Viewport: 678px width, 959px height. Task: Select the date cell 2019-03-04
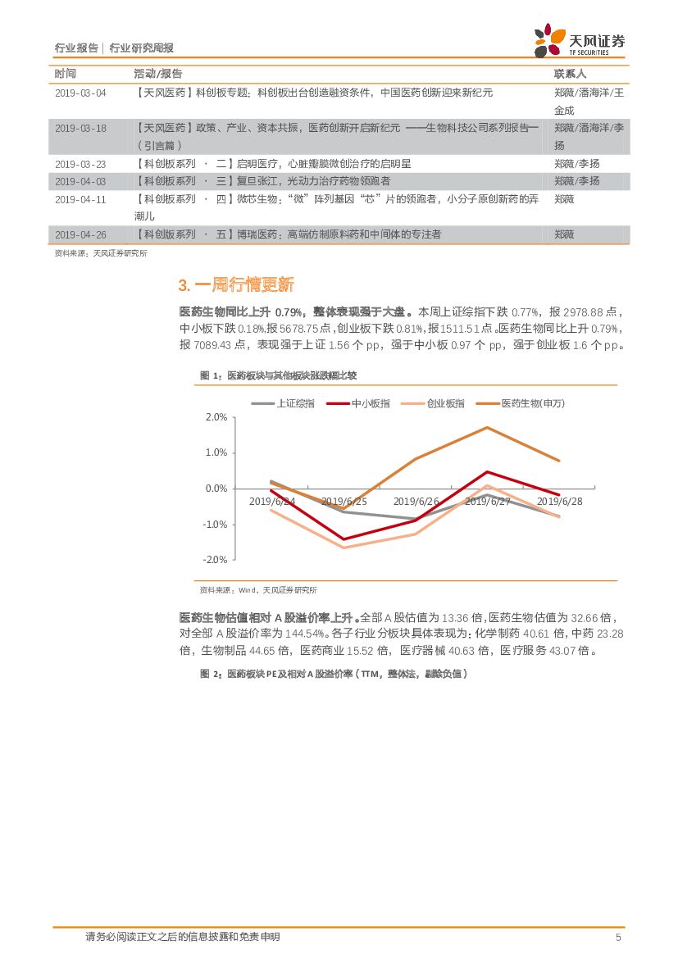[80, 93]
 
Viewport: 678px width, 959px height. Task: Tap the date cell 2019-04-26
[80, 234]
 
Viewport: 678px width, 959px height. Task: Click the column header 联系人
[571, 74]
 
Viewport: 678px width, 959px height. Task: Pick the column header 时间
[66, 74]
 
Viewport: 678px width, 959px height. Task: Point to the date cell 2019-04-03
[80, 181]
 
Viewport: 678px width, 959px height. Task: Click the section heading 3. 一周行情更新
[235, 285]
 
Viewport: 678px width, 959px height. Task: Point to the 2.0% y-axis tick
[216, 417]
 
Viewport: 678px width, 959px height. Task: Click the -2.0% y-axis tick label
[214, 559]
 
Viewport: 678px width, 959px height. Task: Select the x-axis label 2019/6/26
[416, 501]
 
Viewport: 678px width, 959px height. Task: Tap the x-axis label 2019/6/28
[559, 501]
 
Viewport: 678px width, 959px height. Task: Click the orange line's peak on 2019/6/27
[487, 427]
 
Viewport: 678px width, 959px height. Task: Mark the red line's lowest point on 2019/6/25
[343, 539]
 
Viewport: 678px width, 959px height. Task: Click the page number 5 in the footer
[618, 937]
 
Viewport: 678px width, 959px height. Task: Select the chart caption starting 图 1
[280, 375]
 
